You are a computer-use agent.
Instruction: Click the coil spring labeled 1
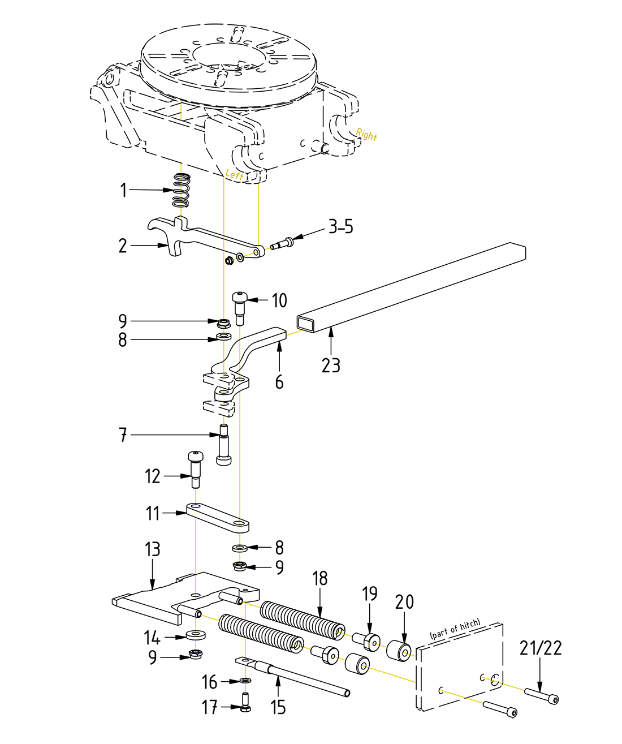181,191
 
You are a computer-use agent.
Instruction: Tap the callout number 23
331,365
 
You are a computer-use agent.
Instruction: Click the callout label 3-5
340,227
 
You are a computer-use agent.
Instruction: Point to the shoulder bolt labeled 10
240,306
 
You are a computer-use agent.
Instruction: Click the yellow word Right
366,135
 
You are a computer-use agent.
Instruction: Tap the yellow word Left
235,175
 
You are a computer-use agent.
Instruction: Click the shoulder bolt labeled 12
195,468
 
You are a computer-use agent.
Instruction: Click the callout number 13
153,549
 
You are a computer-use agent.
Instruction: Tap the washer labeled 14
196,634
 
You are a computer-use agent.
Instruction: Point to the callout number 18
320,578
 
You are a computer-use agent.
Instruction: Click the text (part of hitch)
455,629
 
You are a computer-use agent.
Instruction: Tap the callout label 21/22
541,648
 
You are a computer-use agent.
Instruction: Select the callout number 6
279,382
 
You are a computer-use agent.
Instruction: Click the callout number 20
405,602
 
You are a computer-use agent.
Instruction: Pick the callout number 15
278,707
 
